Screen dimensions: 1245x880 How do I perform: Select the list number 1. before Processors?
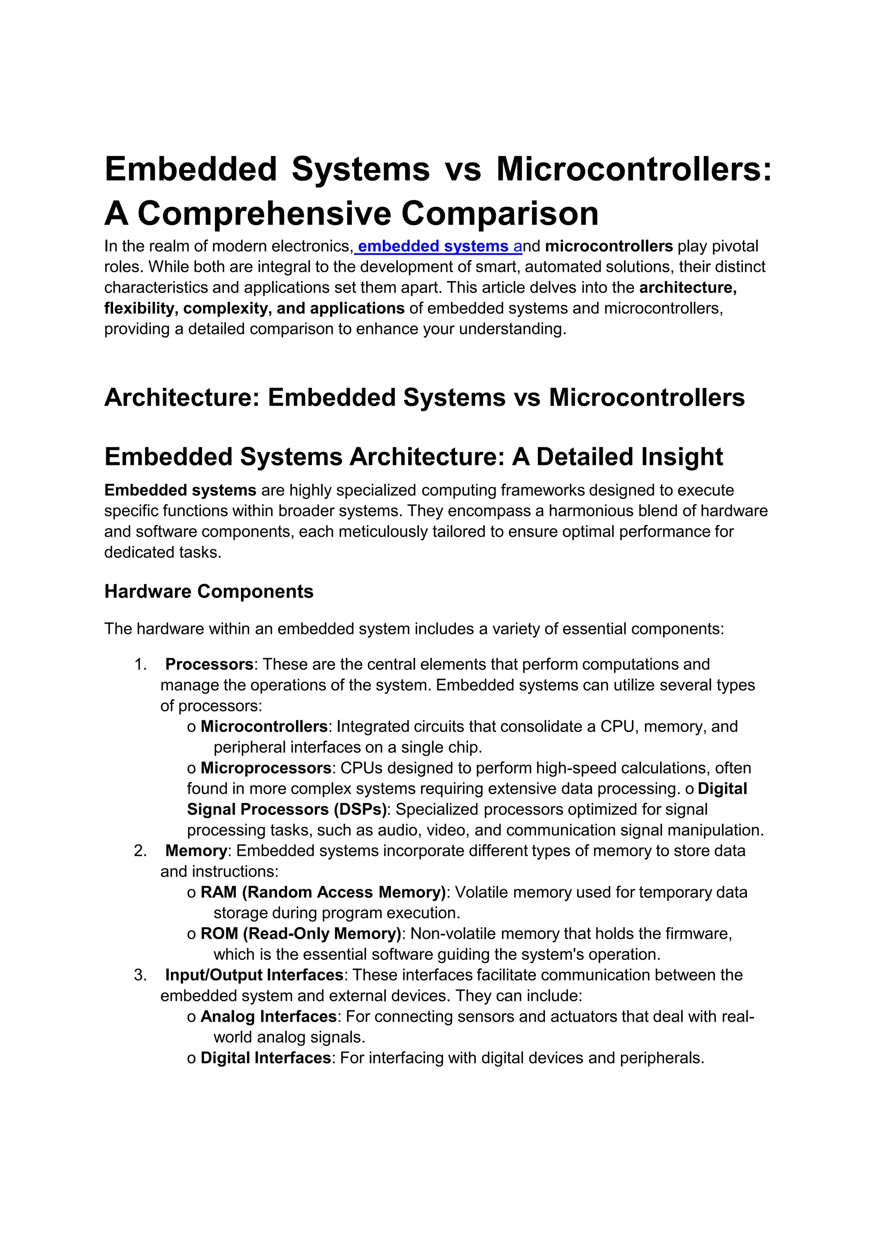pyautogui.click(x=141, y=664)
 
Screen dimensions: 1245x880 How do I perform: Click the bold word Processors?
pyautogui.click(x=209, y=664)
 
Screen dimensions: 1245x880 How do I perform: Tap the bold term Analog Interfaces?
pyautogui.click(x=269, y=1016)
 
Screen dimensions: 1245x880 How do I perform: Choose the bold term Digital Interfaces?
pyautogui.click(x=266, y=1058)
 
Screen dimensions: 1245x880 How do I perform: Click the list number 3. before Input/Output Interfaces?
pyautogui.click(x=141, y=975)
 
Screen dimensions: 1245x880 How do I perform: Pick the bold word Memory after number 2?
pyautogui.click(x=196, y=851)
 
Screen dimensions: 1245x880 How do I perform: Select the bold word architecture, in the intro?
pyautogui.click(x=687, y=287)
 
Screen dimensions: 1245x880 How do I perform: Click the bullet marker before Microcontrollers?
pyautogui.click(x=191, y=727)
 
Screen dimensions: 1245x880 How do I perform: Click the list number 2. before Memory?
pyautogui.click(x=141, y=851)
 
